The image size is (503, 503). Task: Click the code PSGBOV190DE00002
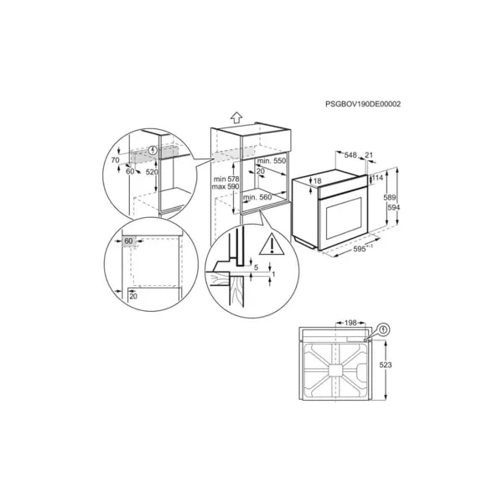click(363, 104)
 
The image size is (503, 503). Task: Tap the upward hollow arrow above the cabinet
click(236, 117)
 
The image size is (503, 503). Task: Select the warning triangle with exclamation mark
click(272, 245)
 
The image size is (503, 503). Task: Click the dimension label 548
click(350, 155)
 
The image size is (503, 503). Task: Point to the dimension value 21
click(369, 155)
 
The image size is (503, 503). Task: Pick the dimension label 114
click(377, 178)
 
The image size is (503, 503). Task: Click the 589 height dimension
click(390, 198)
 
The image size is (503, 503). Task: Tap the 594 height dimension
click(394, 208)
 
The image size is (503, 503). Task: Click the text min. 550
click(272, 161)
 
